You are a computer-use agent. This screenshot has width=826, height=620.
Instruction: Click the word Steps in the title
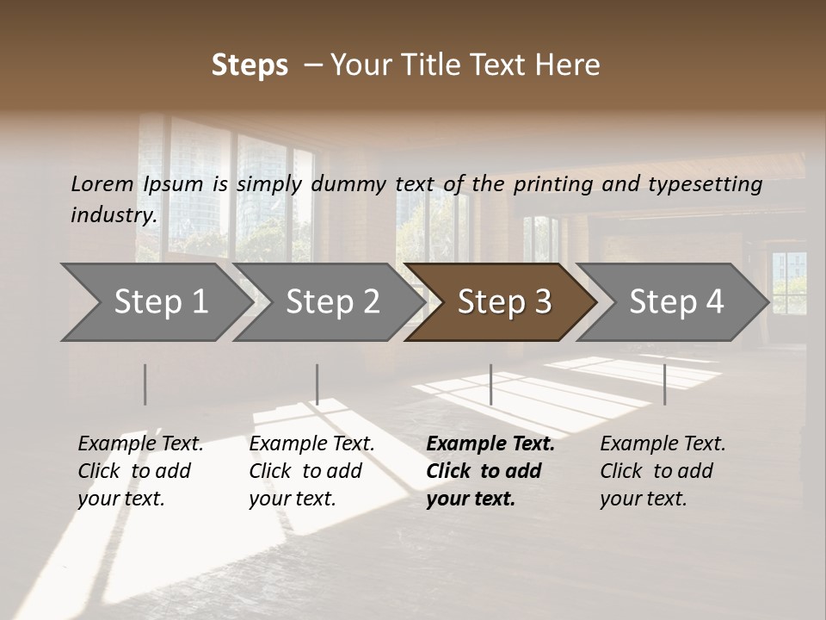pos(250,65)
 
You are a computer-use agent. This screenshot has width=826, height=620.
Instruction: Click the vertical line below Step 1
pos(145,384)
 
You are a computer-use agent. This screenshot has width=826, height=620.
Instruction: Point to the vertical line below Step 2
pos(317,384)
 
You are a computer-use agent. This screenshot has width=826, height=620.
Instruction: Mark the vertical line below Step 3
pos(490,384)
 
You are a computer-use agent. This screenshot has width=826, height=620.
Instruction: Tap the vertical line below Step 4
pos(664,384)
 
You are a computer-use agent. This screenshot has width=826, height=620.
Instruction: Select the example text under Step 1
pos(140,470)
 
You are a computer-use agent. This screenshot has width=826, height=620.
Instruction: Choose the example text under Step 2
pos(311,470)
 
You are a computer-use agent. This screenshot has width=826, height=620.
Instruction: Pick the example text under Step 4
pos(663,470)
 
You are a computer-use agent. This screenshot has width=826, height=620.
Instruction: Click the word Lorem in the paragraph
pos(102,183)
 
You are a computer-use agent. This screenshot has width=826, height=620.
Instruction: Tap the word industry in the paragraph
pos(113,214)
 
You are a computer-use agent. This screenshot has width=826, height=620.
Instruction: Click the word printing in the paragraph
pos(555,183)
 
